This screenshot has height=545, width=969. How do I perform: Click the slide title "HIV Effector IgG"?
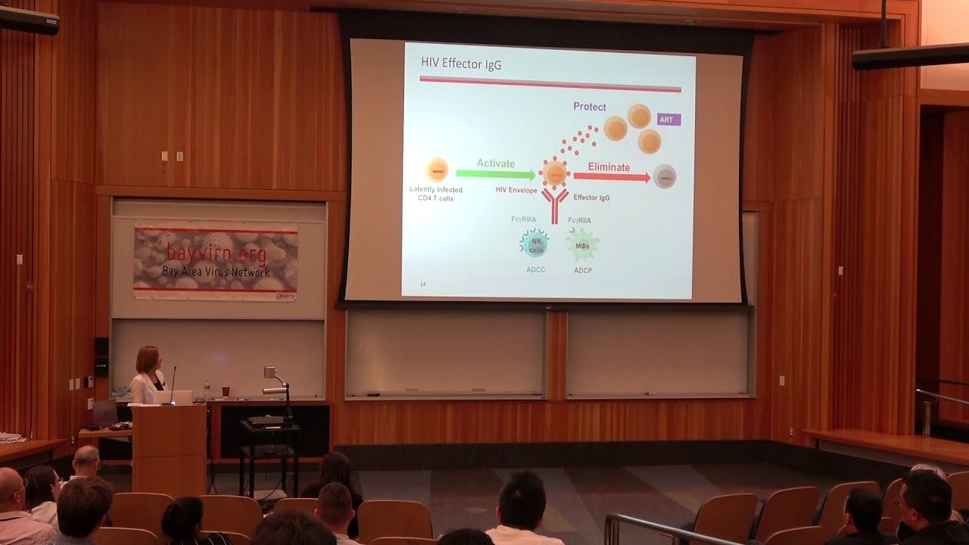click(x=461, y=64)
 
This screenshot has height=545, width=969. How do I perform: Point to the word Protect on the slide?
click(x=589, y=107)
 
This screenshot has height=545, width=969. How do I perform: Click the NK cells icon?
click(x=535, y=244)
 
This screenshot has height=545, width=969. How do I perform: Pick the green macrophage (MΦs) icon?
click(x=582, y=244)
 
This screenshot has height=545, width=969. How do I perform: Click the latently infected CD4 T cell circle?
click(x=437, y=170)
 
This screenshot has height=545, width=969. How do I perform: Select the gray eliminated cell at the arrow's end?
click(x=665, y=176)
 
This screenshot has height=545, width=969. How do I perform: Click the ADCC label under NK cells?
click(x=535, y=269)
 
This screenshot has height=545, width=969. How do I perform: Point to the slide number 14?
click(x=422, y=284)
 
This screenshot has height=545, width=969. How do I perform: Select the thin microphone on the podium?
click(x=173, y=382)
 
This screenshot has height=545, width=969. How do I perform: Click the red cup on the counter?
click(x=225, y=391)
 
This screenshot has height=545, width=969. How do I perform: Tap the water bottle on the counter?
click(x=207, y=390)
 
